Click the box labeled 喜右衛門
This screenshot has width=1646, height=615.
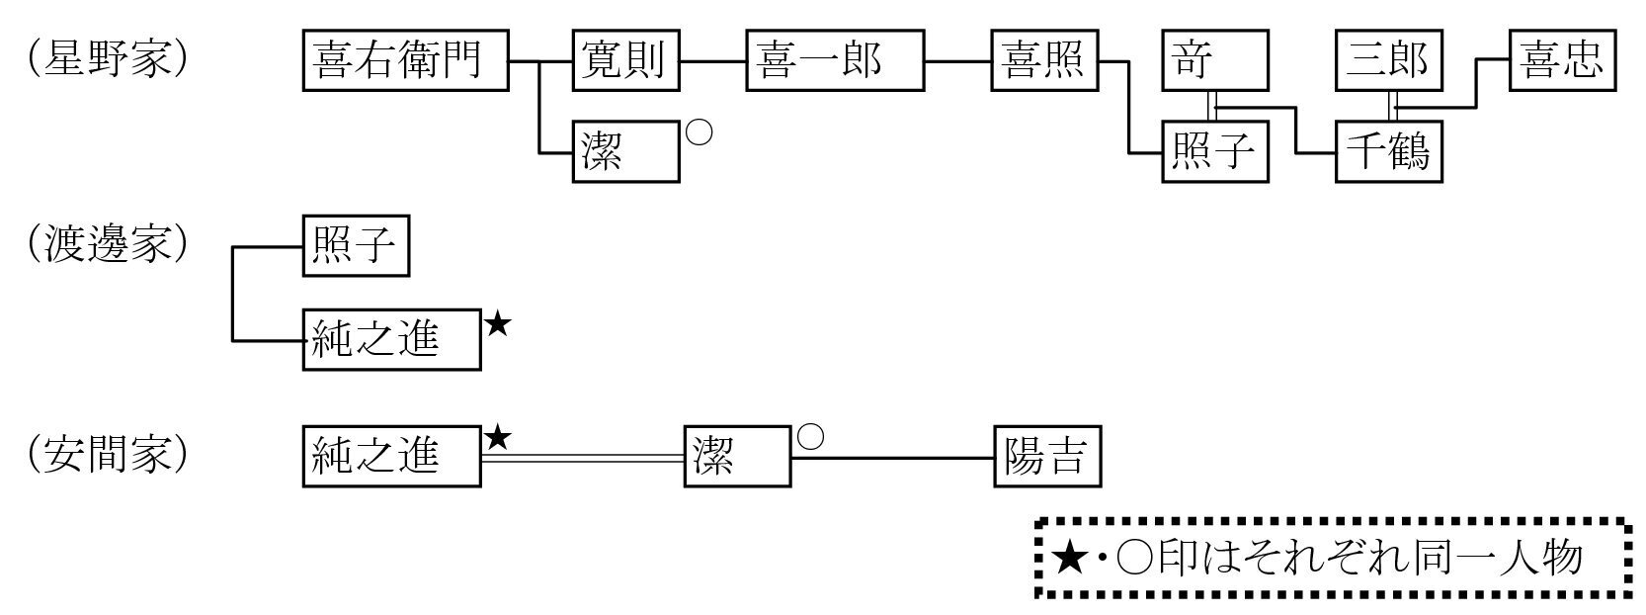405,60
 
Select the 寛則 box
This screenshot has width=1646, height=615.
625,60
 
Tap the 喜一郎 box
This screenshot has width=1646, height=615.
835,60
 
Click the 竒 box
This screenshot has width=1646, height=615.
1214,60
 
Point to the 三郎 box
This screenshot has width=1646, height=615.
1388,60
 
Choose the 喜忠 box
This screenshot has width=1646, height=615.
1562,60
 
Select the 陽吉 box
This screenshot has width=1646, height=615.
1046,457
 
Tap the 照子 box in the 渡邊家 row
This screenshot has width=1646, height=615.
356,246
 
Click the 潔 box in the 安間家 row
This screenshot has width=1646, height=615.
737,457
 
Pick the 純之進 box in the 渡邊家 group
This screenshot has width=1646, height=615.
391,340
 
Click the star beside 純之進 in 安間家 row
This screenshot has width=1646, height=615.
498,437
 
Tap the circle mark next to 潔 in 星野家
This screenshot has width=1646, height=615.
699,133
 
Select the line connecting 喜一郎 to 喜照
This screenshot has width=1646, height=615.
958,61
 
